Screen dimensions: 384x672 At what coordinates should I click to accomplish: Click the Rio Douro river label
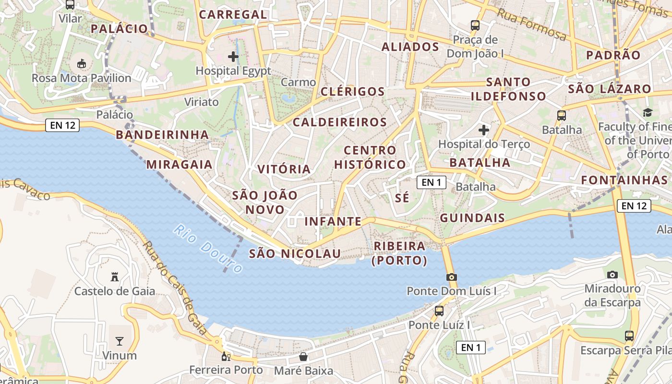208,249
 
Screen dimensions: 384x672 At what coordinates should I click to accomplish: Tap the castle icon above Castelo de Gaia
115,277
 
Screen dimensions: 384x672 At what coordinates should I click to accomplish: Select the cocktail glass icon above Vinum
119,341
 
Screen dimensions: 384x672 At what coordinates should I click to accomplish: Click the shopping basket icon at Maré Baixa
303,357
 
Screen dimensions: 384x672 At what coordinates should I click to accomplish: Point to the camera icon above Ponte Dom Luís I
451,277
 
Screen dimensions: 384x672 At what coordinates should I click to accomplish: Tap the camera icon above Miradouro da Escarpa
612,275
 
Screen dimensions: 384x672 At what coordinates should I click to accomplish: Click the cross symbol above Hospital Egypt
233,57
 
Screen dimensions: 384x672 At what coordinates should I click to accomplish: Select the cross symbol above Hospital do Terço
484,130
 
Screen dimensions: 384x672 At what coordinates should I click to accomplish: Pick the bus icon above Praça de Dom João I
475,25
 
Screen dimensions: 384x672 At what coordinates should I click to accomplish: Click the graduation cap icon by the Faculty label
648,112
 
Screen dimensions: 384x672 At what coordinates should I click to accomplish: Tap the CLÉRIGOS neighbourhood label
353,92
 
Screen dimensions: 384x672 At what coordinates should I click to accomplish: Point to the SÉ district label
402,198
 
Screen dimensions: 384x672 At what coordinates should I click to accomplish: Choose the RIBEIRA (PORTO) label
399,253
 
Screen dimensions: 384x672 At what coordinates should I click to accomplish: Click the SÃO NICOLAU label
295,253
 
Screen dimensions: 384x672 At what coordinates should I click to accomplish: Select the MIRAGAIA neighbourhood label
179,165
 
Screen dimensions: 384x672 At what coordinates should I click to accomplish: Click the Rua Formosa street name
531,24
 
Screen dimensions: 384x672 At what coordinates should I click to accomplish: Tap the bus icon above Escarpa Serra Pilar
629,336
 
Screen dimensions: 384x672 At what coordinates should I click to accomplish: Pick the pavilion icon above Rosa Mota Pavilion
81,63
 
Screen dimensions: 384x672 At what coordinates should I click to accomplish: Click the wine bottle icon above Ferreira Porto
226,356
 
